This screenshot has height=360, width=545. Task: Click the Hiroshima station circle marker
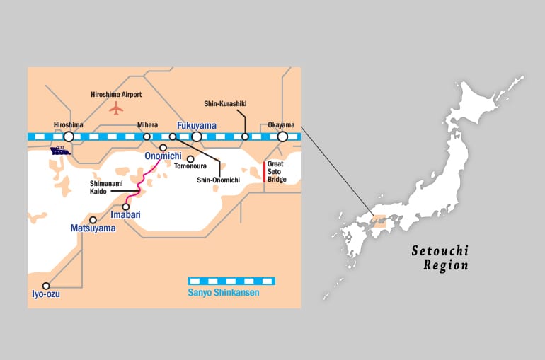click(x=69, y=137)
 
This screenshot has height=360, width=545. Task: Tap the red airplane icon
click(x=117, y=108)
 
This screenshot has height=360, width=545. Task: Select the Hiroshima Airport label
click(x=117, y=94)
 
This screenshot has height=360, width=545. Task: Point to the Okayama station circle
click(x=282, y=137)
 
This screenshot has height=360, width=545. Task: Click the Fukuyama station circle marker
click(x=197, y=137)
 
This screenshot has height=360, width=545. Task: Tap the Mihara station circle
click(x=147, y=137)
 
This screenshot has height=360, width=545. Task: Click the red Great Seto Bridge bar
click(x=264, y=172)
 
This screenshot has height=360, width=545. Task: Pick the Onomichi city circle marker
click(x=163, y=148)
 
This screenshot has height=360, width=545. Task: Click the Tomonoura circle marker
click(x=190, y=158)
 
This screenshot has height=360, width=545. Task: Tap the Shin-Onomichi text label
click(x=219, y=180)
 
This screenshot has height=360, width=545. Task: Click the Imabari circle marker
click(x=126, y=207)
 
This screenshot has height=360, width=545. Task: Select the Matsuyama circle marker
click(x=93, y=220)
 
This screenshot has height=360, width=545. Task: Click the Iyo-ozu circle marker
click(x=47, y=286)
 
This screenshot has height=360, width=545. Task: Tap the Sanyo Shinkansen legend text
click(x=223, y=292)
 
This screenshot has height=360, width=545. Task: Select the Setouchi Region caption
click(x=440, y=258)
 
